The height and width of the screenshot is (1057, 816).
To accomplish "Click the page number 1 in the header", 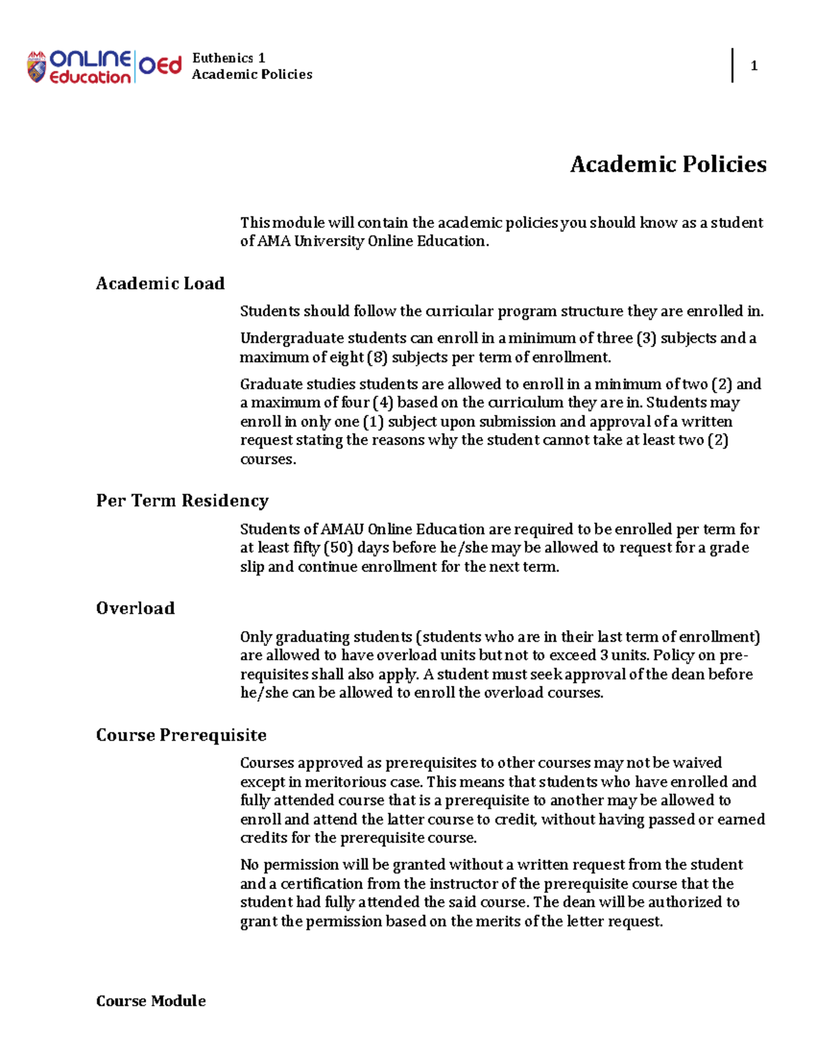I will pos(753,66).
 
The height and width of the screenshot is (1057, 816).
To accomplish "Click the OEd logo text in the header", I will pos(160,66).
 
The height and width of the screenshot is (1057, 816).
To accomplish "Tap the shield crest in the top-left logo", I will pos(37,67).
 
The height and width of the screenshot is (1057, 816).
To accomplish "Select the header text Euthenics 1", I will pos(228,58).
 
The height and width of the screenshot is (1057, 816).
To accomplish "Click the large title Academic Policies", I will pos(668,164).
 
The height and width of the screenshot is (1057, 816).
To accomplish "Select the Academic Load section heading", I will pos(160,283).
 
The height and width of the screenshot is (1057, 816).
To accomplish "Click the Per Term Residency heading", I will pos(182,501).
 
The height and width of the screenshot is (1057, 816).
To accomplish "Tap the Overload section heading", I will pos(135,608).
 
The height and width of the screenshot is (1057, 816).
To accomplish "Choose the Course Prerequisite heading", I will pos(181,735).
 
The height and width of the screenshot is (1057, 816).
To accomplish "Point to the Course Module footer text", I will pos(150,1001).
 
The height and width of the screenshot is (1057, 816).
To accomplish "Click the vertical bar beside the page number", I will pos(732,65).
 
